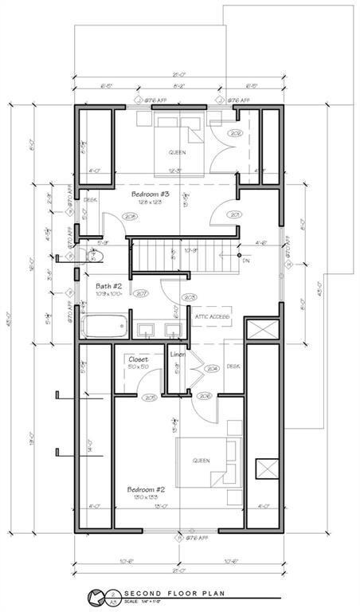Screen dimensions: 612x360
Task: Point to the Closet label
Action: click(x=139, y=359)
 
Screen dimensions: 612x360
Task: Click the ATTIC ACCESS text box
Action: click(x=212, y=316)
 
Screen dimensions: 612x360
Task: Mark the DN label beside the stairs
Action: click(x=245, y=261)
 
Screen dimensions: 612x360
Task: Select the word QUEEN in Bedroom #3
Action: click(x=177, y=152)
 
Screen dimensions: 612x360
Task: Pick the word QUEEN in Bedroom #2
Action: click(x=200, y=460)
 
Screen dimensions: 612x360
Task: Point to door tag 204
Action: click(x=212, y=369)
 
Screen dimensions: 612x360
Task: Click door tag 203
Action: click(x=190, y=297)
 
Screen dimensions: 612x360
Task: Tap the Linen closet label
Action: click(x=177, y=354)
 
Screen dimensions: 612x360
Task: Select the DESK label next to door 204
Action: click(x=233, y=367)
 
